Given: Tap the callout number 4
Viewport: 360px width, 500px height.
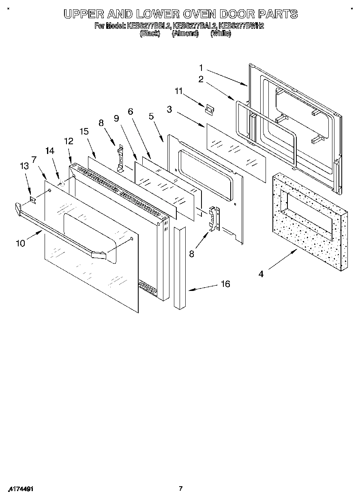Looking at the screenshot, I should (261, 274).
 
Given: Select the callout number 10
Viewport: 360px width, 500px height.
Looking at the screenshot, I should (20, 243).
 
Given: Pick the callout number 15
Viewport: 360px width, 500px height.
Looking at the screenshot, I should (84, 132).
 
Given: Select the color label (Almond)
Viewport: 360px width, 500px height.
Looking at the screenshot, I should (185, 34).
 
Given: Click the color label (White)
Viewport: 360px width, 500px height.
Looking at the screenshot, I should (221, 34).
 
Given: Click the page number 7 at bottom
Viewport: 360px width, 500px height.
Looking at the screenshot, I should (181, 489).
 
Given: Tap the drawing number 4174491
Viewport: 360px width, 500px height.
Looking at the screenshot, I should (20, 489).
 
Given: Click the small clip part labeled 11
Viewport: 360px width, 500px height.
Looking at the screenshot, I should (210, 109).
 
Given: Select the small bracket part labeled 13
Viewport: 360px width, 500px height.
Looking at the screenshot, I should (34, 199).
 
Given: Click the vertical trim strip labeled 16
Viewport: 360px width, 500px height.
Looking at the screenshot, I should (180, 267).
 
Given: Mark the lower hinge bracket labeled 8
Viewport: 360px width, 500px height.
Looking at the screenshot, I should (214, 219).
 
